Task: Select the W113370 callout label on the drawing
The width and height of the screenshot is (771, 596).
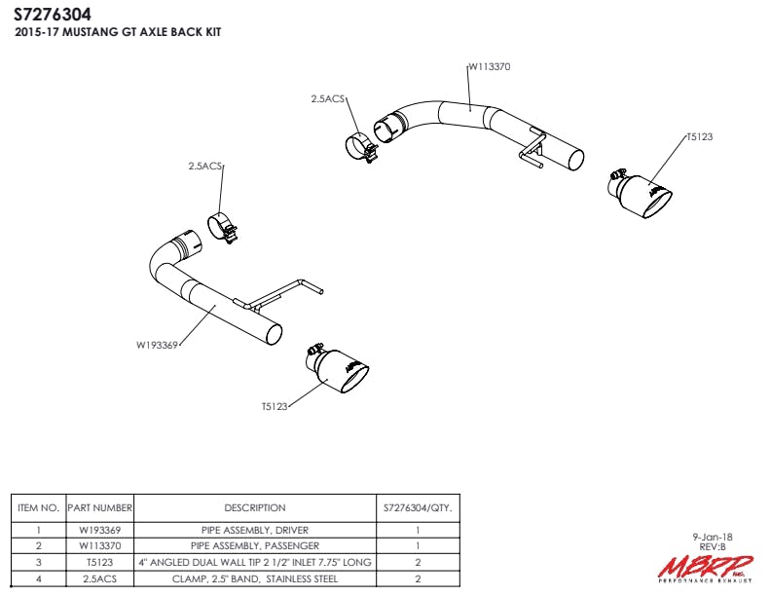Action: click(x=490, y=67)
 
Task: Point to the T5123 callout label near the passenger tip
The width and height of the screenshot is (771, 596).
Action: click(x=699, y=137)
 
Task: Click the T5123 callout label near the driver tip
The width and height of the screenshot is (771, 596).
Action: click(x=275, y=406)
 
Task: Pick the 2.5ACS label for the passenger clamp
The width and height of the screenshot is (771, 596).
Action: click(x=328, y=98)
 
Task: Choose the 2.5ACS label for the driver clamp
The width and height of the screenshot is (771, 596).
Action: click(x=205, y=167)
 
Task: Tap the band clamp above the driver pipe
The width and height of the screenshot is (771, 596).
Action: click(x=225, y=227)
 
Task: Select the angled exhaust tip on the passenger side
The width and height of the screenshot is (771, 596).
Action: click(x=642, y=194)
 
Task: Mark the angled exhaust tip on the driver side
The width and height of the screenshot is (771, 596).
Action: click(x=341, y=373)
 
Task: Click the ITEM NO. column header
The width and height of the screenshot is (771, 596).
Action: click(x=39, y=507)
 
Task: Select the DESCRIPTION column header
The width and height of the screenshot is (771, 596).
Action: click(x=255, y=507)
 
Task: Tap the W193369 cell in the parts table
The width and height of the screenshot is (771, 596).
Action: click(x=99, y=531)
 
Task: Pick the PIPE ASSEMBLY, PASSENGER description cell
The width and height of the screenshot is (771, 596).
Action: click(x=255, y=546)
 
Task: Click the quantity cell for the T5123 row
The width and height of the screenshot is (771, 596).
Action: click(x=417, y=562)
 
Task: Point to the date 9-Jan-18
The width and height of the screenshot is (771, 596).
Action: click(x=715, y=537)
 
